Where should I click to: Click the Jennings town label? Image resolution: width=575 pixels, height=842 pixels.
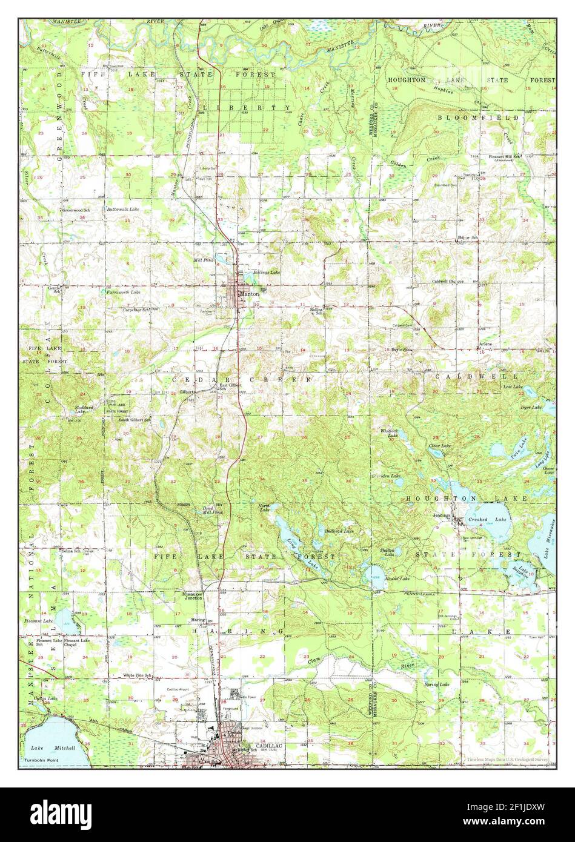click(x=442, y=515)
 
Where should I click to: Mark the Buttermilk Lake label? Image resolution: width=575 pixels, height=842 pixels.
click(x=123, y=209)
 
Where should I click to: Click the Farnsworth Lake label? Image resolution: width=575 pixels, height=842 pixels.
click(x=124, y=292)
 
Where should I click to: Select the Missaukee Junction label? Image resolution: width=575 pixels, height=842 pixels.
click(x=196, y=597)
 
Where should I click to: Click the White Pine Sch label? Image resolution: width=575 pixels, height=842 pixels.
click(x=137, y=674)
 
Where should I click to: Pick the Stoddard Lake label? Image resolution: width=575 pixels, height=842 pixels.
click(x=84, y=409)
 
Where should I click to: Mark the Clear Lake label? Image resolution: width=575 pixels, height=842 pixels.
click(x=440, y=446)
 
